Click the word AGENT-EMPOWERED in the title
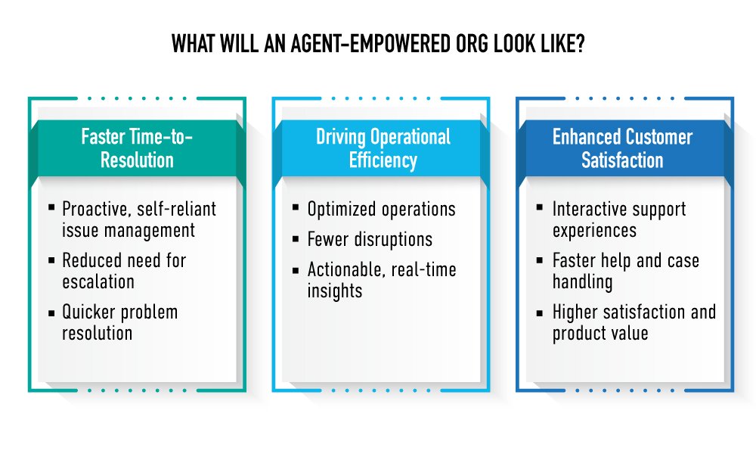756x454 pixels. pyautogui.click(x=370, y=45)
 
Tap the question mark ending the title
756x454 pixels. pyautogui.click(x=580, y=45)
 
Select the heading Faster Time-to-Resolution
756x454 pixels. pyautogui.click(x=137, y=148)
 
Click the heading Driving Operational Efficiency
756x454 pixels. pyautogui.click(x=383, y=148)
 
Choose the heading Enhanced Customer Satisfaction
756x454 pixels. pyautogui.click(x=622, y=148)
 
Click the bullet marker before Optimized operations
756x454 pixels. pyautogui.click(x=296, y=208)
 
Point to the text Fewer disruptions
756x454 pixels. pyautogui.click(x=370, y=239)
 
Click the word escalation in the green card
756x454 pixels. pyautogui.click(x=98, y=281)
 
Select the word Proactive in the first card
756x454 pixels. pyautogui.click(x=97, y=210)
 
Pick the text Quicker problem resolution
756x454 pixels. pyautogui.click(x=120, y=322)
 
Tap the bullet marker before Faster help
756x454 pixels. pyautogui.click(x=540, y=260)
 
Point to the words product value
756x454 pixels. pyautogui.click(x=600, y=334)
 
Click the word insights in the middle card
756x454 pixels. pyautogui.click(x=335, y=291)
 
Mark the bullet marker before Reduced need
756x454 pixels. pyautogui.click(x=51, y=260)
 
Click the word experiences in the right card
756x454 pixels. pyautogui.click(x=594, y=231)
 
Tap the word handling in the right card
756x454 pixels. pyautogui.click(x=582, y=282)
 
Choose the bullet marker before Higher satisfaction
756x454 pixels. pyautogui.click(x=540, y=313)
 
